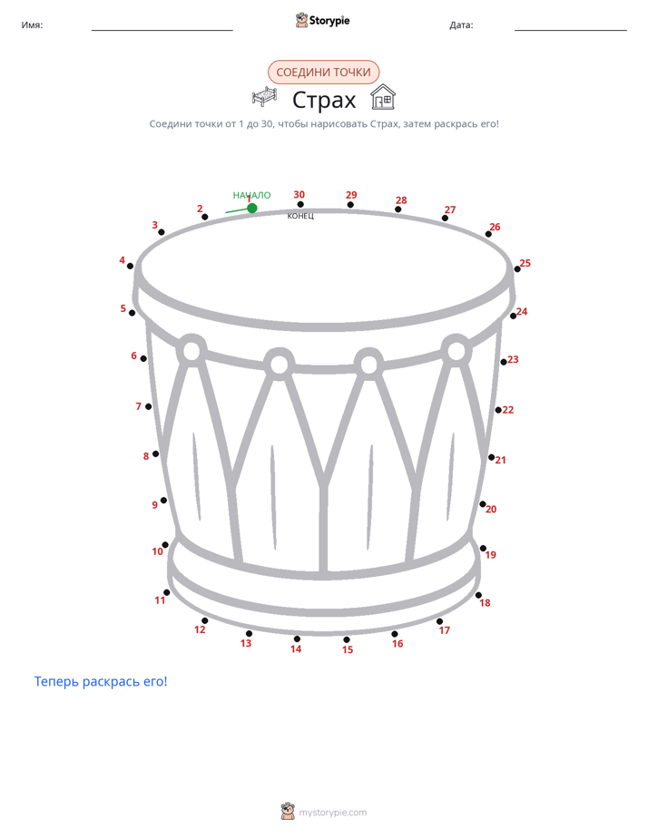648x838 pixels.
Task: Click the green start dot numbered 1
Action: coord(251,208)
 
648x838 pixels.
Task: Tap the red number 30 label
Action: coord(299,194)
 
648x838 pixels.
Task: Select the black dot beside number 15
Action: coord(347,639)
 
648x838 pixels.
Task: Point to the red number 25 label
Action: coord(525,263)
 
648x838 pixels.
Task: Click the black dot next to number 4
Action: coord(130,266)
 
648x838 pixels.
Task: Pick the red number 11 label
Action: coord(160,600)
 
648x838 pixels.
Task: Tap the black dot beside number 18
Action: coord(478,595)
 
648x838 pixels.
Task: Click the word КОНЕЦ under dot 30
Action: coord(300,216)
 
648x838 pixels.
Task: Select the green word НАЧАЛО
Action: coord(251,195)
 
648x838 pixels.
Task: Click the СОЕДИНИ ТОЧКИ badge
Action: coord(323,73)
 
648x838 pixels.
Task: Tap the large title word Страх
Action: coord(324,100)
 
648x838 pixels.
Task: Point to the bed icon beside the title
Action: coord(265,97)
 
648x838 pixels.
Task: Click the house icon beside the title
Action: coord(383,97)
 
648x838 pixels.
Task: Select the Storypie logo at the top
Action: coord(323,20)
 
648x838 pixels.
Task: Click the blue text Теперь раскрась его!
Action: coord(101,681)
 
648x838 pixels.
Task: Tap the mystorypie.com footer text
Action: coord(332,813)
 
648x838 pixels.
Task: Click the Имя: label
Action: coord(32,25)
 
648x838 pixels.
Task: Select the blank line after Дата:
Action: coord(571,31)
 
